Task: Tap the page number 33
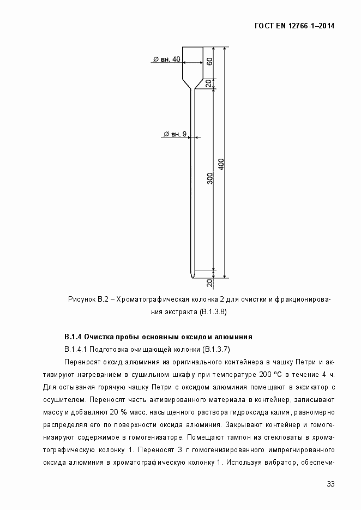(330, 484)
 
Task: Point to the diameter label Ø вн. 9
(175, 134)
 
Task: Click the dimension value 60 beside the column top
(209, 61)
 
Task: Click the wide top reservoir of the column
(192, 61)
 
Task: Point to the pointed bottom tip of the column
(191, 276)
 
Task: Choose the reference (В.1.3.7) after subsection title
(220, 349)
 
